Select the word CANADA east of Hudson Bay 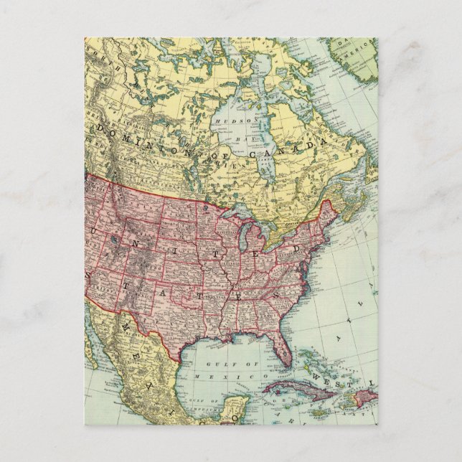pyautogui.click(x=301, y=148)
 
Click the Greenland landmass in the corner pyautogui.click(x=355, y=54)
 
